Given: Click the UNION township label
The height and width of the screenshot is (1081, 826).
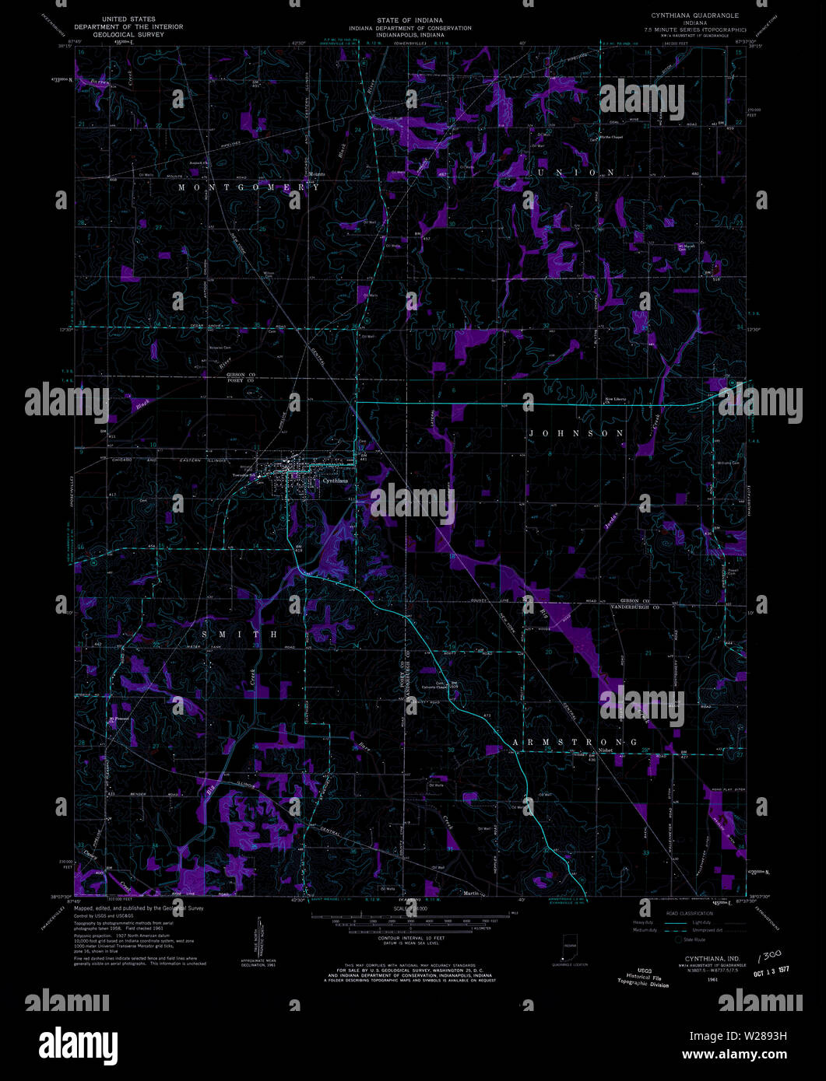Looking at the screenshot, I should tap(575, 172).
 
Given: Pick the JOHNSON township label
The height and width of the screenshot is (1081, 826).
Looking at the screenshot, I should tap(575, 432).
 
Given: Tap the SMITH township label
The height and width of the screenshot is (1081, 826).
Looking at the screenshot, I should tap(240, 635).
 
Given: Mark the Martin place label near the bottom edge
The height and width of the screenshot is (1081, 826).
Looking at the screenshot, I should tap(471, 893).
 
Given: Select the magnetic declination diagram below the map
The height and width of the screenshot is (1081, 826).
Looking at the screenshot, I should tap(256, 945).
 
